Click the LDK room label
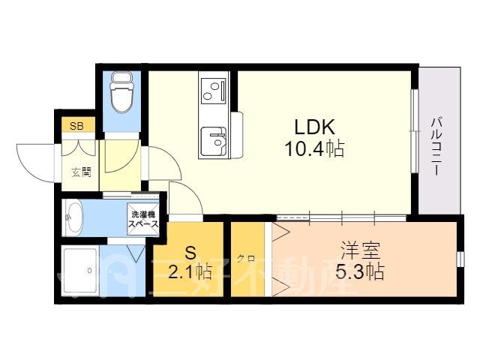pyautogui.click(x=315, y=127)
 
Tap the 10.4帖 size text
pyautogui.click(x=315, y=148)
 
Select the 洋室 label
pyautogui.click(x=360, y=250)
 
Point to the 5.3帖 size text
pyautogui.click(x=360, y=271)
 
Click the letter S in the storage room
pyautogui.click(x=190, y=253)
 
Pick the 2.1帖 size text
pyautogui.click(x=190, y=271)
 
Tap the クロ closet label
pyautogui.click(x=247, y=259)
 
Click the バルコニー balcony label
pyautogui.click(x=439, y=146)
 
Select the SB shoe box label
pyautogui.click(x=76, y=126)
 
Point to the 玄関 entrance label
pyautogui.click(x=81, y=172)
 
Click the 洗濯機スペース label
pyautogui.click(x=143, y=219)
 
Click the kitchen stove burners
pyautogui.click(x=213, y=91)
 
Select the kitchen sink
pyautogui.click(x=213, y=141)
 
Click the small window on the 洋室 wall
pyautogui.click(x=460, y=259)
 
